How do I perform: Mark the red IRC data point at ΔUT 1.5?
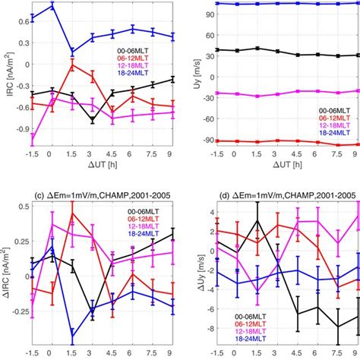click(x=72, y=64)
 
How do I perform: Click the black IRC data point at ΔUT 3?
click(x=93, y=119)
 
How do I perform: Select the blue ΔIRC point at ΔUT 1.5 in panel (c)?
click(x=72, y=339)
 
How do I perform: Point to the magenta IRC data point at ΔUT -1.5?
click(x=32, y=137)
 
